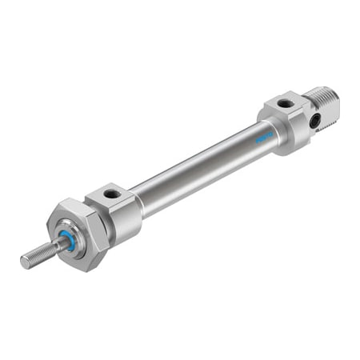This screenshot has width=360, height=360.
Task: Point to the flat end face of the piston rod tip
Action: [24, 261]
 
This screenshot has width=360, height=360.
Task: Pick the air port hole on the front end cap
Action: [109, 194]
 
